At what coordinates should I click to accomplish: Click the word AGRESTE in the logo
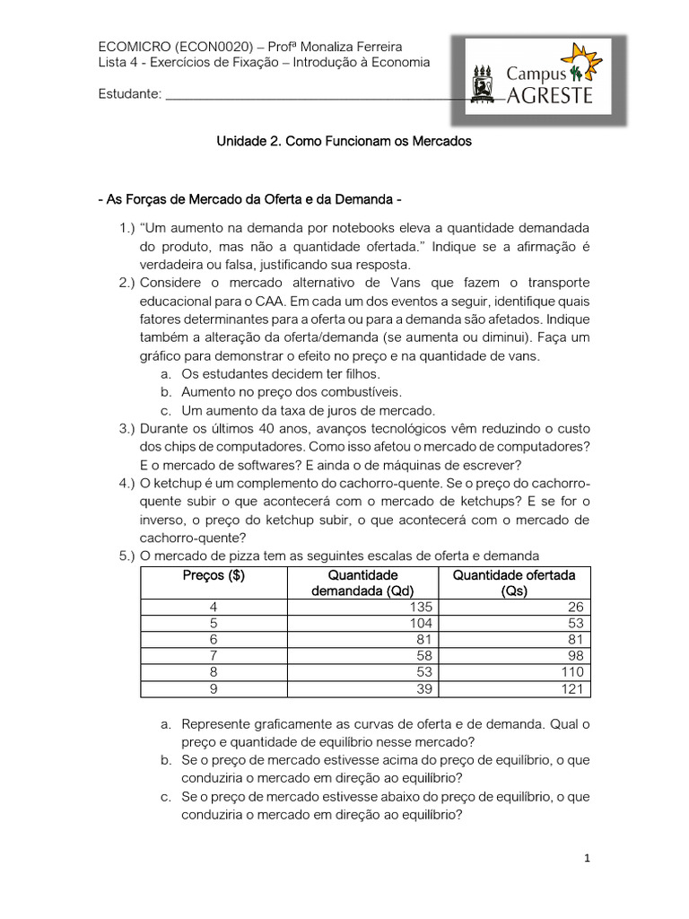[550, 96]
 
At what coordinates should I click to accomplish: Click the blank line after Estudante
[314, 94]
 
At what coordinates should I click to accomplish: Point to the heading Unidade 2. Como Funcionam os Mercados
[344, 142]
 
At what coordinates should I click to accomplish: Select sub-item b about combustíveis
[292, 392]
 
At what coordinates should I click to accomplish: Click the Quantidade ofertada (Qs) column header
[514, 583]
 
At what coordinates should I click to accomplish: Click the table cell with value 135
[420, 608]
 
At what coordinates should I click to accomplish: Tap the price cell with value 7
[214, 656]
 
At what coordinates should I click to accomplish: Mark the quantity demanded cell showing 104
[420, 624]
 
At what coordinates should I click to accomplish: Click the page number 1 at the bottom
[587, 858]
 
